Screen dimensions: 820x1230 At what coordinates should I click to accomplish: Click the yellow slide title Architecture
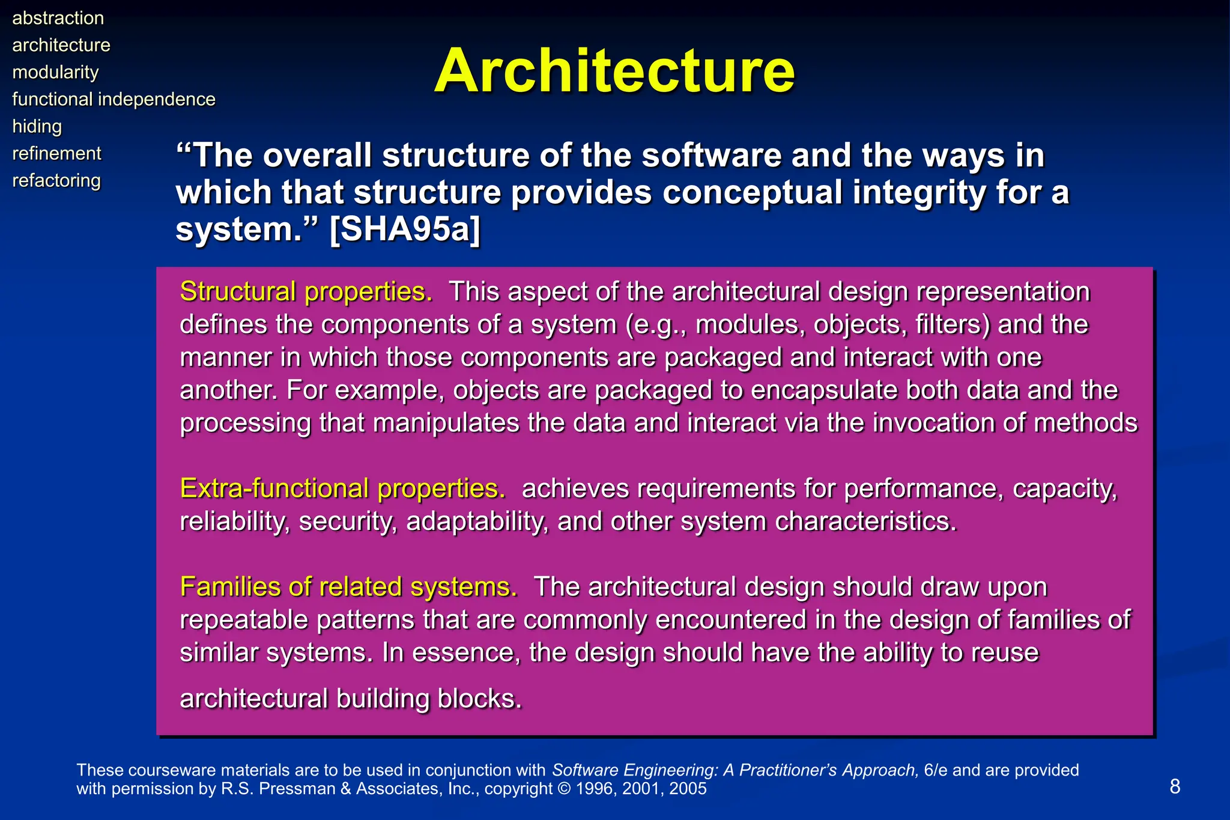(x=614, y=71)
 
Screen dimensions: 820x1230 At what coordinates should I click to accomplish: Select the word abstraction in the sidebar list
(x=58, y=18)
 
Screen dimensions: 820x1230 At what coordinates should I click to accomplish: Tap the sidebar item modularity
(x=55, y=72)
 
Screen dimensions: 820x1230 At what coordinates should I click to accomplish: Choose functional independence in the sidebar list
(x=114, y=99)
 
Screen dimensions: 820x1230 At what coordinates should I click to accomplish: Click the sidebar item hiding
(x=37, y=126)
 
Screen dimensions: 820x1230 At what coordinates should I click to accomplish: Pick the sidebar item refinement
(x=57, y=153)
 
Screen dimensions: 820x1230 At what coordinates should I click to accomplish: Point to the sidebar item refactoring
(x=56, y=180)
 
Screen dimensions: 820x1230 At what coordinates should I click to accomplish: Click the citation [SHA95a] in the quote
(x=405, y=229)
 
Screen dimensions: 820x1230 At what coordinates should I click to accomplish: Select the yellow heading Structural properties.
(x=306, y=292)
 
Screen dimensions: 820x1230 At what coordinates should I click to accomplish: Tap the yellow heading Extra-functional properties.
(x=342, y=488)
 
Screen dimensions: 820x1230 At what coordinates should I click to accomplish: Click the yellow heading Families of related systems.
(x=348, y=587)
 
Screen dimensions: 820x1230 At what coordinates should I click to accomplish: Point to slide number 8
(x=1175, y=786)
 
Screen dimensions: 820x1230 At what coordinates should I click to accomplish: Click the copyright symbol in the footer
(x=565, y=789)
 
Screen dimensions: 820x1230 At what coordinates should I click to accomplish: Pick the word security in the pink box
(x=347, y=521)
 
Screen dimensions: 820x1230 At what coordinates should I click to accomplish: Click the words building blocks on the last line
(x=429, y=699)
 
